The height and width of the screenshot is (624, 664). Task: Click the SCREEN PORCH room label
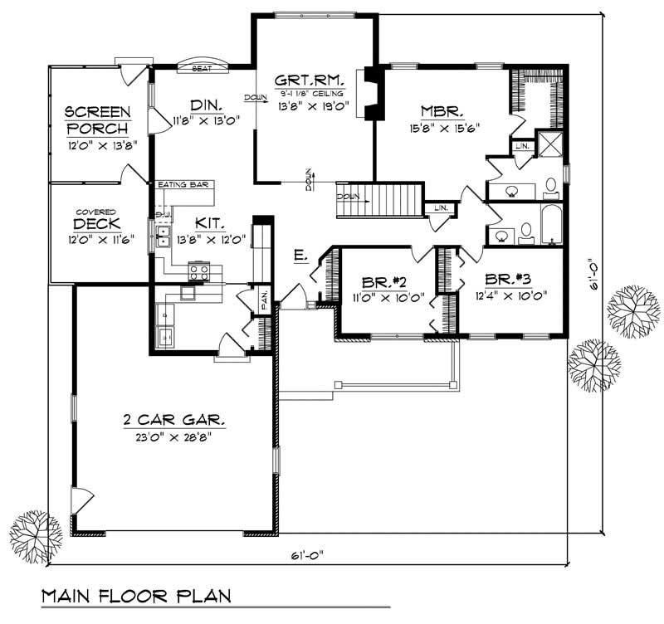[x=97, y=120]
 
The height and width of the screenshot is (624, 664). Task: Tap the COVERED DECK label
[x=98, y=224]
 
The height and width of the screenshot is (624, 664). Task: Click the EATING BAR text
[x=182, y=184]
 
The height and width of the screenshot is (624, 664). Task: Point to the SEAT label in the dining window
[x=202, y=69]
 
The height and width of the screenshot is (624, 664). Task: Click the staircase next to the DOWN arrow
[x=394, y=202]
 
